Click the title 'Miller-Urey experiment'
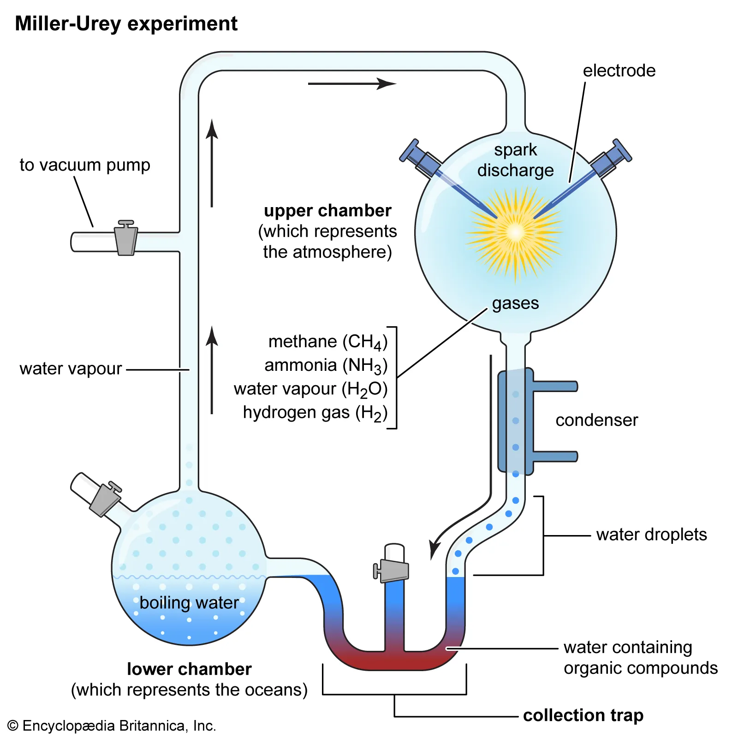click(126, 24)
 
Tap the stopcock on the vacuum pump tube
click(126, 239)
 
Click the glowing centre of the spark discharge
click(515, 232)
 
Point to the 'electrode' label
click(619, 71)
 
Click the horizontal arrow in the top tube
click(351, 83)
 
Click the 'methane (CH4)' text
click(327, 342)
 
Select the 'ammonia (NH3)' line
click(326, 365)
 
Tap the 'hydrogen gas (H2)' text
click(315, 413)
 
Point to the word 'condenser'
click(596, 420)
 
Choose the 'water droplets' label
click(651, 535)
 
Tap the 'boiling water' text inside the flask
click(189, 603)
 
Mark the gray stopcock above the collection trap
click(393, 571)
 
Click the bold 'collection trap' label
click(583, 715)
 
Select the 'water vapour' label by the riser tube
click(71, 369)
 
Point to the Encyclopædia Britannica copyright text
click(112, 726)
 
